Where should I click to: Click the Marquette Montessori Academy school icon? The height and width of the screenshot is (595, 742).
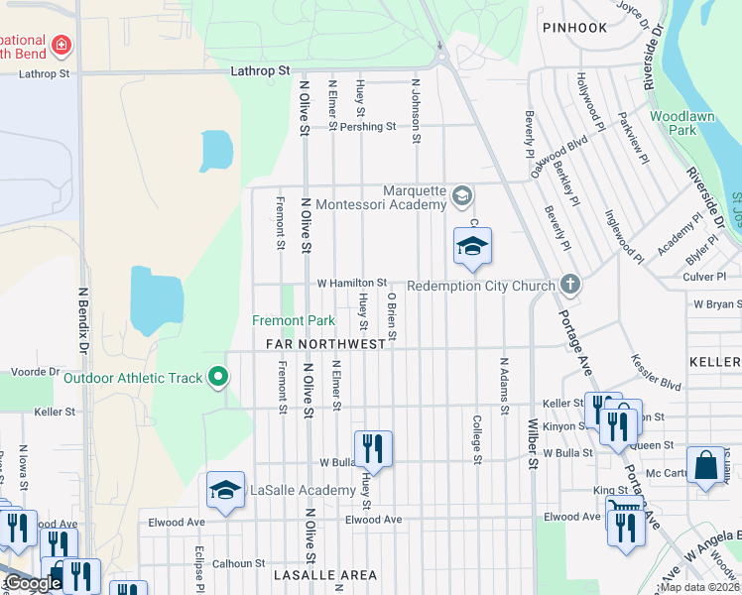(460, 194)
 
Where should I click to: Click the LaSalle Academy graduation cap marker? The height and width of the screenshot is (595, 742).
(225, 490)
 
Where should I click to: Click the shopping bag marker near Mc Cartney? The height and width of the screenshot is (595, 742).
(704, 465)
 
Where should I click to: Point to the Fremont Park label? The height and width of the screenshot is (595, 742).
(293, 320)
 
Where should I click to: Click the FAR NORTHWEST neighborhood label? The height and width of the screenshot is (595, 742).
(325, 344)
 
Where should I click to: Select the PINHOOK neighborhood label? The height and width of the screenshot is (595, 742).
(574, 28)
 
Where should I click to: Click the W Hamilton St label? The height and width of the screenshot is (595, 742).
(351, 283)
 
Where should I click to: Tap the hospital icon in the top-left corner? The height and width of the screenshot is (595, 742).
(61, 45)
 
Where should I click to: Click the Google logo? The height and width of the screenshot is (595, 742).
(33, 583)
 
